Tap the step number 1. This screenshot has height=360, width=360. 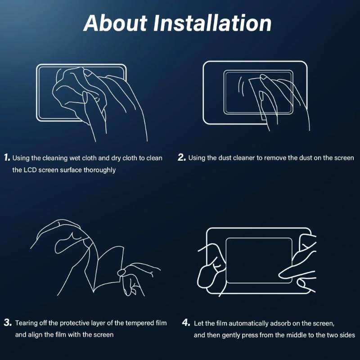(x=7, y=157)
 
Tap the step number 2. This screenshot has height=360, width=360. (x=182, y=157)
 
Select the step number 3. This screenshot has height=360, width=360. (x=8, y=323)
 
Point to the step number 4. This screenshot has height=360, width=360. (x=186, y=323)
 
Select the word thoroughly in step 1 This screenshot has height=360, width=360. (x=97, y=170)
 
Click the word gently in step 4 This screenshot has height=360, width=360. (x=232, y=335)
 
